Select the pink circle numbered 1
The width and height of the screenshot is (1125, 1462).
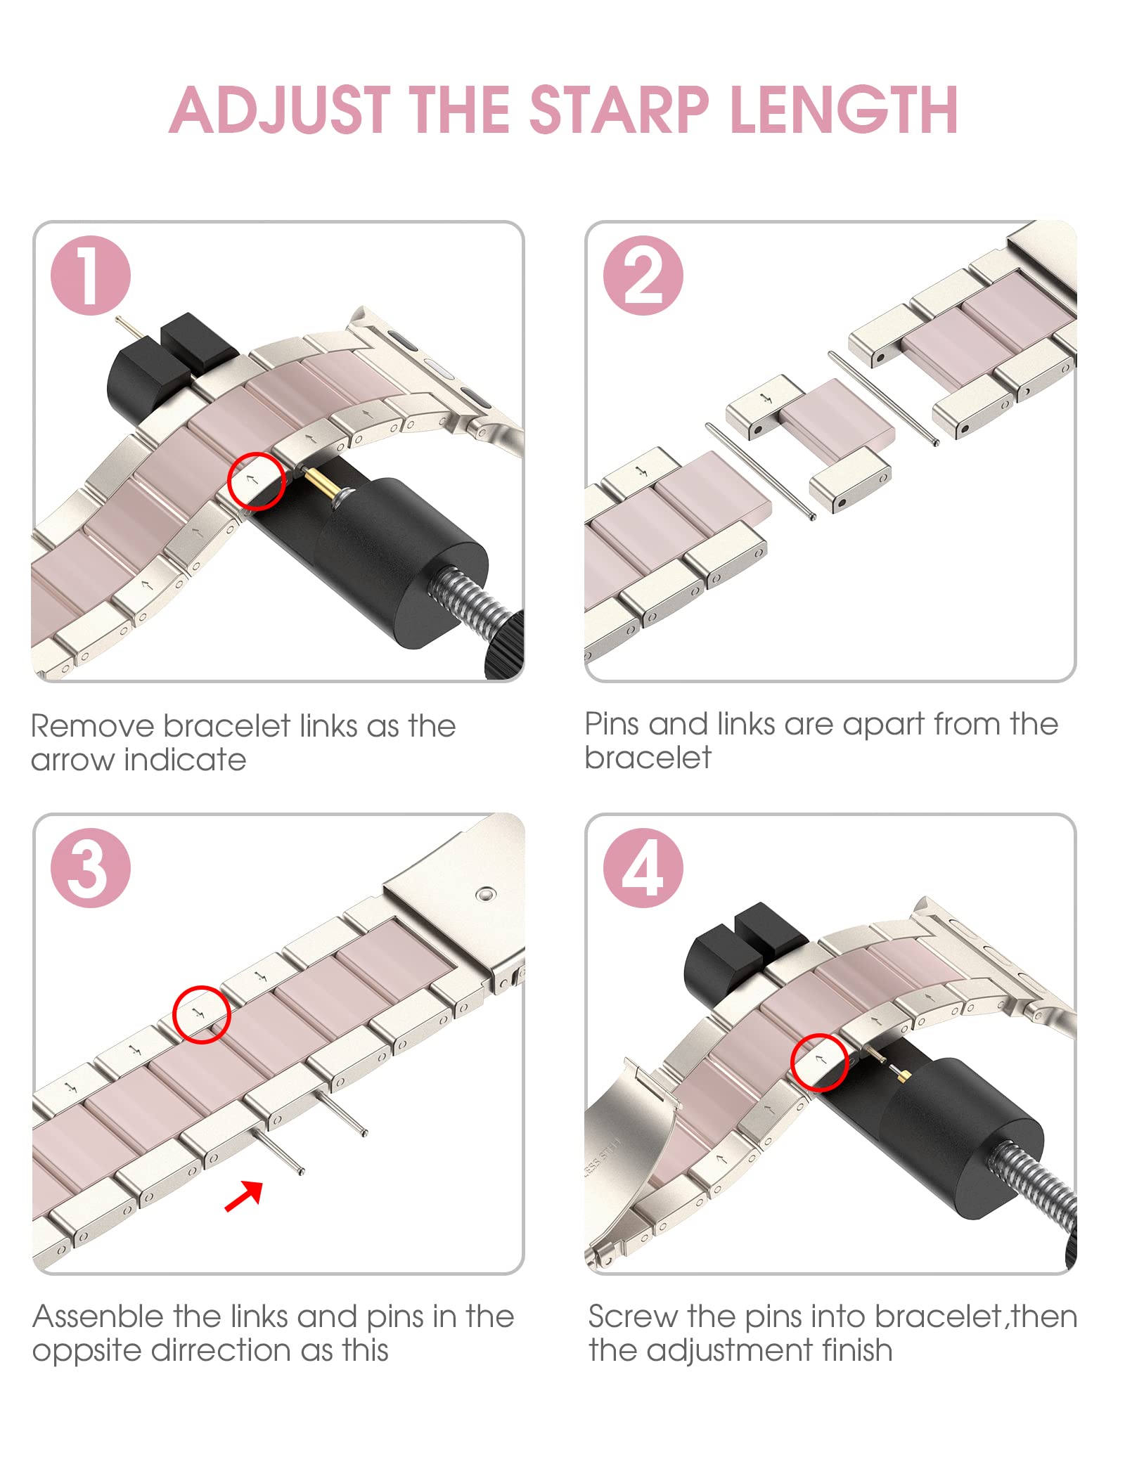coord(91,275)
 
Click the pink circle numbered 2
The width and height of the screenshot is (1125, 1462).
coord(643,275)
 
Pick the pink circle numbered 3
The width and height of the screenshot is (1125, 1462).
coord(91,867)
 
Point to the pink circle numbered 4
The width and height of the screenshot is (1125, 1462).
coord(643,867)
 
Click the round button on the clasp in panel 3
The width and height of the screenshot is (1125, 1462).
coord(485,895)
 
